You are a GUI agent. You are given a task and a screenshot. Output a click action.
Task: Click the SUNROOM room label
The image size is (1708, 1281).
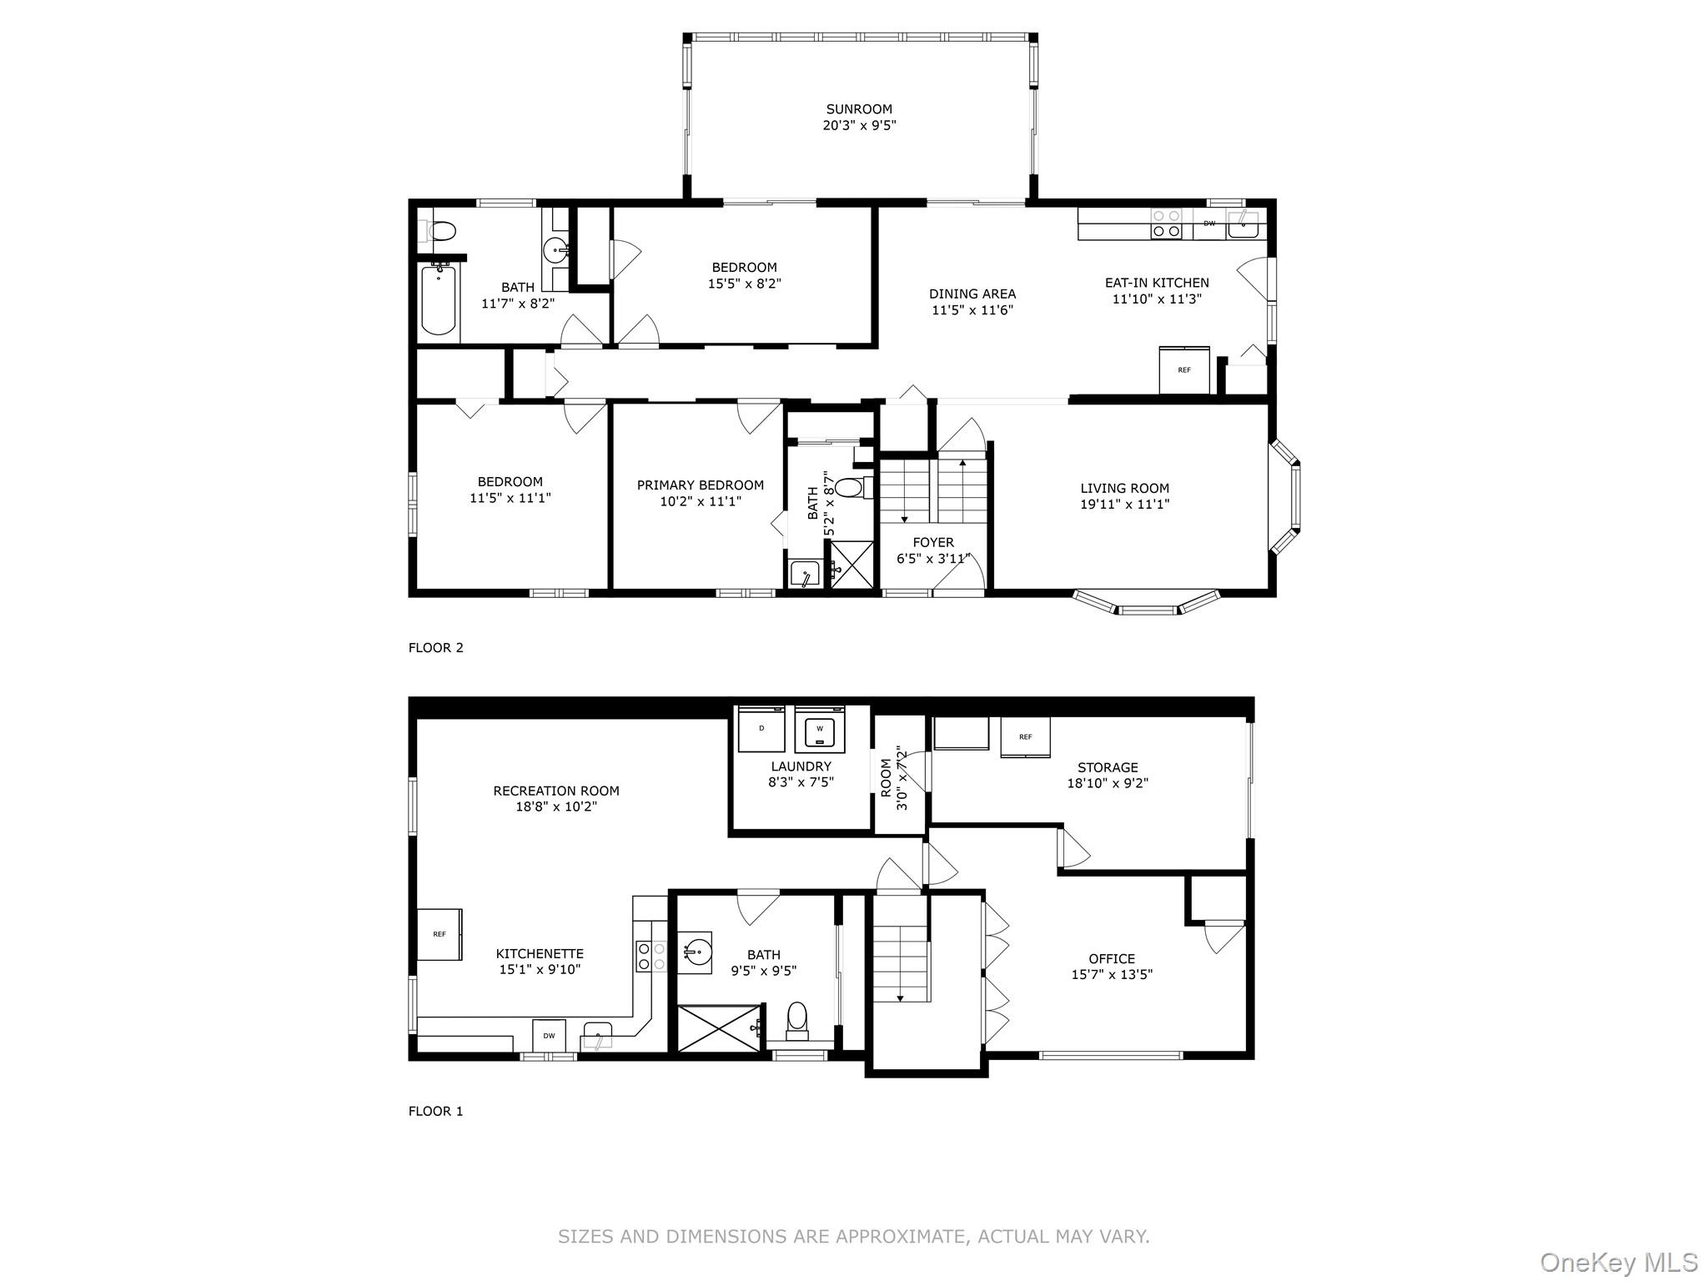tap(859, 109)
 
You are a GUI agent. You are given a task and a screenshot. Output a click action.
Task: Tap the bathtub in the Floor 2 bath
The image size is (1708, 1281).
tap(439, 299)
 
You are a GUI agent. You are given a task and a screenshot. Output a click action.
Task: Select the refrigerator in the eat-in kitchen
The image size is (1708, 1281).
tap(1184, 369)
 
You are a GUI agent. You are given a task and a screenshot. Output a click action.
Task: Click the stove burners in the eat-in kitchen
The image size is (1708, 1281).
tap(1166, 224)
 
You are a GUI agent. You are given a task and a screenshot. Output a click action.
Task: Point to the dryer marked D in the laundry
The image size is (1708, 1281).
tap(761, 728)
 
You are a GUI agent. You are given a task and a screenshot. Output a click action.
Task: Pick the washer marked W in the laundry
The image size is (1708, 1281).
tap(820, 728)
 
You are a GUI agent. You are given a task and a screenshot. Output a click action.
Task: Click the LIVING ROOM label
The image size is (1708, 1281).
tap(1125, 488)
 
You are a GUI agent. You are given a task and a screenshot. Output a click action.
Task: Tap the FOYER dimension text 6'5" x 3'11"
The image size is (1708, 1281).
tap(933, 559)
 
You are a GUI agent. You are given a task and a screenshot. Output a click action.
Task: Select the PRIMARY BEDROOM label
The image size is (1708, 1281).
tap(701, 485)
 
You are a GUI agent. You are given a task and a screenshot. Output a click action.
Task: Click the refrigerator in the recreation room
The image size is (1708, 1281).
tap(440, 934)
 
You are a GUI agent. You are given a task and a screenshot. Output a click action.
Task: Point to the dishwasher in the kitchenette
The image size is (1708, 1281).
tap(549, 1036)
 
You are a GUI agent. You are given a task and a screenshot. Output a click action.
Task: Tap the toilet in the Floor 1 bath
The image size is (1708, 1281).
tap(798, 1021)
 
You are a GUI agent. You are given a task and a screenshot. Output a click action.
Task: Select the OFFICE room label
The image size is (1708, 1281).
tap(1112, 959)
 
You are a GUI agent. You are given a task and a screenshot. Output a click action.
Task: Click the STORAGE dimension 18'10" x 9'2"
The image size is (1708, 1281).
tap(1108, 783)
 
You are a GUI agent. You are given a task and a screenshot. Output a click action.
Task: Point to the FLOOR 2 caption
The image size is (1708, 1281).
tap(435, 647)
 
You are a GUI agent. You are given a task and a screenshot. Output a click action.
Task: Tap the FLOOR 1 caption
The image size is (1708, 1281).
tap(435, 1111)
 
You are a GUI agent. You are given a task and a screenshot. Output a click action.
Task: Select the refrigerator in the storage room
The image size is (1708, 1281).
tap(1025, 737)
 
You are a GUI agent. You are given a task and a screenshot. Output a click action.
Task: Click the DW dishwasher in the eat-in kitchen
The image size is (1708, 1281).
tap(1209, 224)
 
